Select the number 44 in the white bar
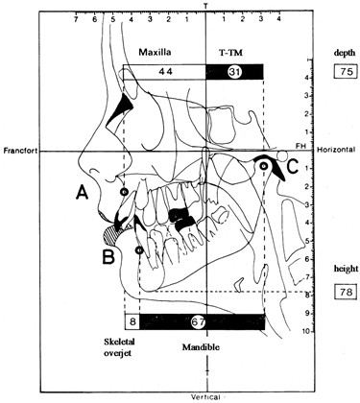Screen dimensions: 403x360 [x=165, y=72]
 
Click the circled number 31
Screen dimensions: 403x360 [x=235, y=72]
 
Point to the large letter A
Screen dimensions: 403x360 [x=84, y=193]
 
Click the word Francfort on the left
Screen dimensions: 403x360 [x=25, y=151]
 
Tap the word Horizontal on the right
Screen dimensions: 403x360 [x=331, y=151]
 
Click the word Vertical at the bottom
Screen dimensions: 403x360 [x=207, y=395]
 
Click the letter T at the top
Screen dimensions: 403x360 [x=207, y=6]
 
